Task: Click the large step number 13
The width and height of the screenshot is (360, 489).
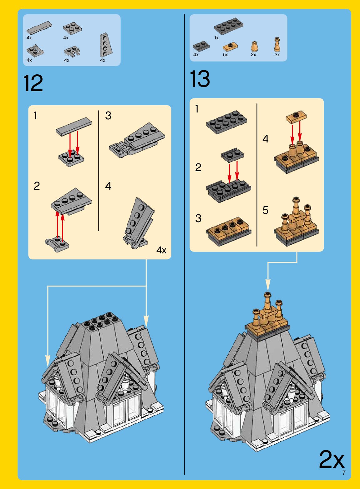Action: [200, 79]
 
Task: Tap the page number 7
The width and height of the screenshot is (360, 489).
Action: [344, 473]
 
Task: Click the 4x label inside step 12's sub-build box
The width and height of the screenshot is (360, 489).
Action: [161, 250]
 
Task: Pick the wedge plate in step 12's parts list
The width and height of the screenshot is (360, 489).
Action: [106, 45]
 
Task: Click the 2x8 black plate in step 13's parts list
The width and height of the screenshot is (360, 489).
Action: [229, 26]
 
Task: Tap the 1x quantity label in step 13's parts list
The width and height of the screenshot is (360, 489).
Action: [216, 38]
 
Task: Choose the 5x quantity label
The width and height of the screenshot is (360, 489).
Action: [226, 55]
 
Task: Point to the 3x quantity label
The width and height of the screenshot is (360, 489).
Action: [277, 55]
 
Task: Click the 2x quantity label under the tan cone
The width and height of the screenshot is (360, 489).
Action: [253, 55]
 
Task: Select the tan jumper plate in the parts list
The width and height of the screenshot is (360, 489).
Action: [230, 46]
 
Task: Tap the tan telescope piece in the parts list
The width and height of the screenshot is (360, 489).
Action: [277, 44]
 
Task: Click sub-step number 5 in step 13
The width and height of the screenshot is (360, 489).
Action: [265, 210]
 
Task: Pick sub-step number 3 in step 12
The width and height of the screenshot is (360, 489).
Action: [108, 116]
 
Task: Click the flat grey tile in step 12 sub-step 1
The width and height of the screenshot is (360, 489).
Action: [74, 127]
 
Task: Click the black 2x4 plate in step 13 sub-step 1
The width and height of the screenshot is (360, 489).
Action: [227, 122]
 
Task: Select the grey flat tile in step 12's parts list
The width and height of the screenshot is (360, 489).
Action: [39, 28]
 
